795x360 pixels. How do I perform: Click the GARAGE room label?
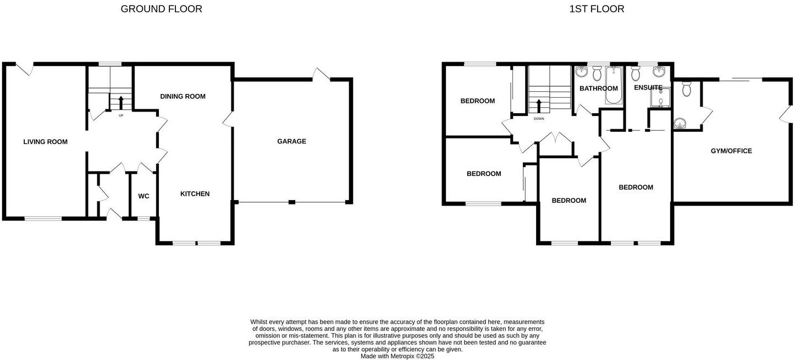pos(291,141)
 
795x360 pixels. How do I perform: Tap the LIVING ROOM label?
pos(45,142)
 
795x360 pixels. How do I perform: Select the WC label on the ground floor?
pos(143,196)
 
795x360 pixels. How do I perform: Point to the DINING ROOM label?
pos(183,96)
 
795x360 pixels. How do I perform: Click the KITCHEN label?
pos(195,193)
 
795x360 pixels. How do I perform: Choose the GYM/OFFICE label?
pos(731,151)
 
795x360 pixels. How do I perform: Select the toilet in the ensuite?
pos(636,74)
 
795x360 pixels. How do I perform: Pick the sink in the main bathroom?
pos(582,72)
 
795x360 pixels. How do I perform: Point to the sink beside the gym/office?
pos(680,123)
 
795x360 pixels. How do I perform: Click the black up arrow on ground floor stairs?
pos(121,102)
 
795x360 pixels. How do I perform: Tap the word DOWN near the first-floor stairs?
pos(539,119)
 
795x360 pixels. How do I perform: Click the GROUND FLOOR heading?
pos(161,9)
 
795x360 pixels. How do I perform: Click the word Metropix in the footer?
pos(402,356)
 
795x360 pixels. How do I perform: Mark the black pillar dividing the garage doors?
pos(292,202)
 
